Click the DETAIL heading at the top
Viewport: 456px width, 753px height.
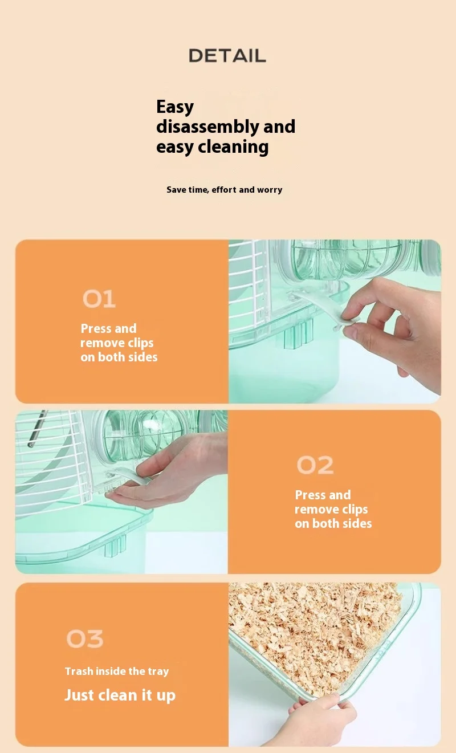[x=227, y=55]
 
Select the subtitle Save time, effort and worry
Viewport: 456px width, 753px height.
[x=224, y=190]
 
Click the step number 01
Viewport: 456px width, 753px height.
[x=99, y=299]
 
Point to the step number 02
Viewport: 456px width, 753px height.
[x=315, y=465]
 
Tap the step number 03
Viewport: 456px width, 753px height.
[x=85, y=638]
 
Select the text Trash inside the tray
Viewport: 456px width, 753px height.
[x=117, y=671]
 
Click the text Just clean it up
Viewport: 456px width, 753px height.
[x=120, y=695]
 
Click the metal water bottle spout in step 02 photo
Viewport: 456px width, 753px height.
[x=36, y=429]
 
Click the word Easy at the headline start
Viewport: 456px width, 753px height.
[x=175, y=107]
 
